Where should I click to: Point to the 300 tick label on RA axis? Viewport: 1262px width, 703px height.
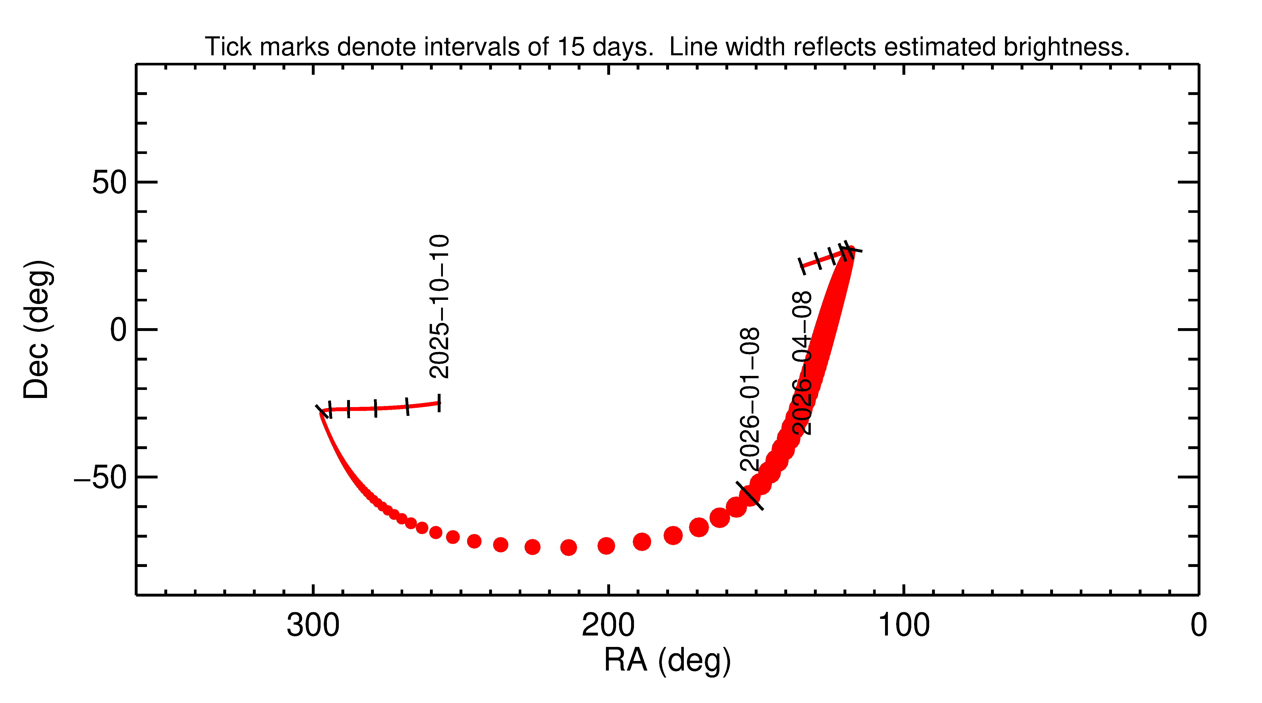click(313, 626)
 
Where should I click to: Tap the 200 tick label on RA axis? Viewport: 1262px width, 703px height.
click(608, 626)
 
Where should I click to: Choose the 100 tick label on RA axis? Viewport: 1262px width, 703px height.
click(903, 626)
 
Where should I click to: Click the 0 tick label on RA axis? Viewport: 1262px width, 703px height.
click(1198, 626)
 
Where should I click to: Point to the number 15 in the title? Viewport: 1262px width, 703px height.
click(571, 47)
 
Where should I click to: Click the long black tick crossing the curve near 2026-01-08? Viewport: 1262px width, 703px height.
click(750, 496)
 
